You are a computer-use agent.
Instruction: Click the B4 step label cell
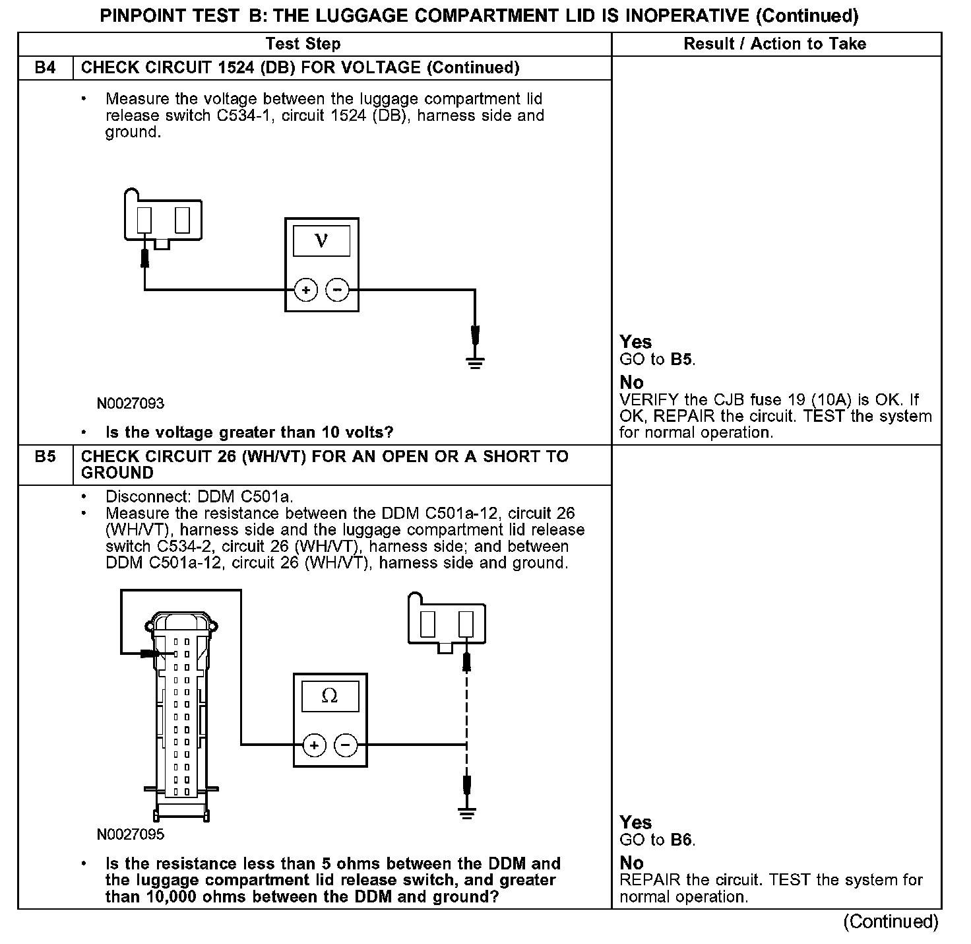tap(45, 68)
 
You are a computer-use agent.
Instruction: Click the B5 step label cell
tap(45, 457)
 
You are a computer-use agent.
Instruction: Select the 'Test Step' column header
tap(303, 44)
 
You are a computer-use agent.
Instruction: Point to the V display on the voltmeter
tap(321, 240)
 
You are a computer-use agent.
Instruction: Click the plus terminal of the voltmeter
tap(305, 290)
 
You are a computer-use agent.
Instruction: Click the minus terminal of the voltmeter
tap(338, 290)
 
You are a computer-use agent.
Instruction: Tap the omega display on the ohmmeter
tap(330, 696)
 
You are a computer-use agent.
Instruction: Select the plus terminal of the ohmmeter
tap(314, 745)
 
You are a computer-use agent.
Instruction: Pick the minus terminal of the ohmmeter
tap(346, 745)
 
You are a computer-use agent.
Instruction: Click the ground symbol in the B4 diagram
tap(475, 362)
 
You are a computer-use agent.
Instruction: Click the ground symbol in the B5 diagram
tap(467, 814)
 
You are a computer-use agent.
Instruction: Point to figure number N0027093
tap(131, 403)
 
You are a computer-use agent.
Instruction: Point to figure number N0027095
tap(131, 834)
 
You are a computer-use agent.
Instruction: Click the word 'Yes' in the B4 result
tap(636, 342)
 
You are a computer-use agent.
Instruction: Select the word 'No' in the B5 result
tap(631, 863)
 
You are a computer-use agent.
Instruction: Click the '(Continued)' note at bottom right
tap(891, 922)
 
